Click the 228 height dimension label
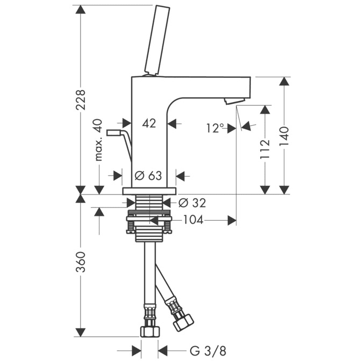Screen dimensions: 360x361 pos(81,100)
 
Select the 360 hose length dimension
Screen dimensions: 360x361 pos(81,262)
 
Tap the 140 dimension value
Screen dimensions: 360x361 pos(284,136)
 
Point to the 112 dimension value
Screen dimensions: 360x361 pos(265,149)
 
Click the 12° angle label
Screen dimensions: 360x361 pos(215,128)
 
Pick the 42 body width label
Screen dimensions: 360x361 pos(149,124)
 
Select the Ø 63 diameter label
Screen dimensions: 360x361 pos(148,176)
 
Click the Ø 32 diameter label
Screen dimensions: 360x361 pos(192,203)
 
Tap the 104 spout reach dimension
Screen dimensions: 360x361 pos(193,220)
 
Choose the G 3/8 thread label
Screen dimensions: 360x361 pos(208,351)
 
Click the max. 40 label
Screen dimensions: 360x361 pos(98,140)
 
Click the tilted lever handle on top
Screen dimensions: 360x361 pos(157,40)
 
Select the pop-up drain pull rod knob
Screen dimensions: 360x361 pos(113,133)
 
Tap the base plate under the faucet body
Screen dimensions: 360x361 pos(149,191)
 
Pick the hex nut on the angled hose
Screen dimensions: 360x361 pos(183,323)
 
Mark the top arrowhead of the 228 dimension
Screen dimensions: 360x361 pos(81,9)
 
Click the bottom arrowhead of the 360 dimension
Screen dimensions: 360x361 pos(81,333)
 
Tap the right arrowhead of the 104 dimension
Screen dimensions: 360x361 pos(232,220)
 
